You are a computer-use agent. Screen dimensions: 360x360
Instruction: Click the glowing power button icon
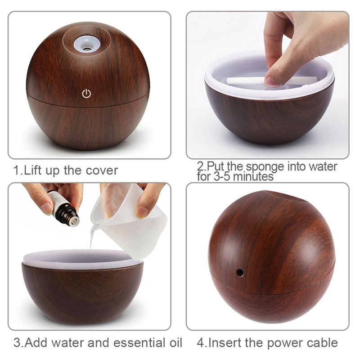[x=87, y=94]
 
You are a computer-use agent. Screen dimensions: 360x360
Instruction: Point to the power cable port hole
[x=240, y=272]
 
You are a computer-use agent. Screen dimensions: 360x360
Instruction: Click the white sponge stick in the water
[x=252, y=81]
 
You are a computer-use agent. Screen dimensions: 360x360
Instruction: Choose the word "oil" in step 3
[x=174, y=342]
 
